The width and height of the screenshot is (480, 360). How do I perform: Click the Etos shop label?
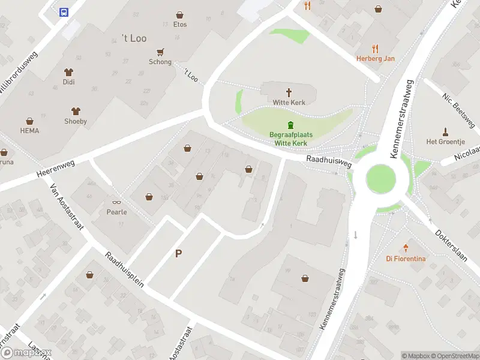click(x=180, y=25)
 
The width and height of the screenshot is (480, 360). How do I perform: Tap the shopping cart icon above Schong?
click(x=160, y=52)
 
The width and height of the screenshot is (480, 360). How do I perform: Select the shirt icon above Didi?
click(x=69, y=71)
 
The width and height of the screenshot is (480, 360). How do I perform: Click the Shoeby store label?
click(x=76, y=121)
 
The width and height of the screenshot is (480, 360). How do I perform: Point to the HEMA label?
click(x=29, y=130)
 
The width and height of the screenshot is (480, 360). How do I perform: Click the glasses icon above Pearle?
click(x=116, y=202)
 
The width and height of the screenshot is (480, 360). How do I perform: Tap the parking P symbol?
click(x=178, y=254)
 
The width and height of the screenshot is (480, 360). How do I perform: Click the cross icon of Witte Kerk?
click(x=289, y=92)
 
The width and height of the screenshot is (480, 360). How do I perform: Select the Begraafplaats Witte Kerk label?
click(x=291, y=139)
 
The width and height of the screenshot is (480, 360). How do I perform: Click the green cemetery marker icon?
click(x=291, y=125)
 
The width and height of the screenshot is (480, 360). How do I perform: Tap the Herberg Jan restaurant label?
click(x=376, y=58)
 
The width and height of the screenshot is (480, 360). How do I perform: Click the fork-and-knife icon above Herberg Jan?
click(x=376, y=49)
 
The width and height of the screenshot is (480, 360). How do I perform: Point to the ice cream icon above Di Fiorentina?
click(x=406, y=248)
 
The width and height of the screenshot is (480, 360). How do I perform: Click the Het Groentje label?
click(x=445, y=142)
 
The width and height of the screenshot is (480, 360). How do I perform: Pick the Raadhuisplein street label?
click(x=124, y=269)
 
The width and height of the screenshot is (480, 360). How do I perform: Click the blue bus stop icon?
click(x=63, y=11)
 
